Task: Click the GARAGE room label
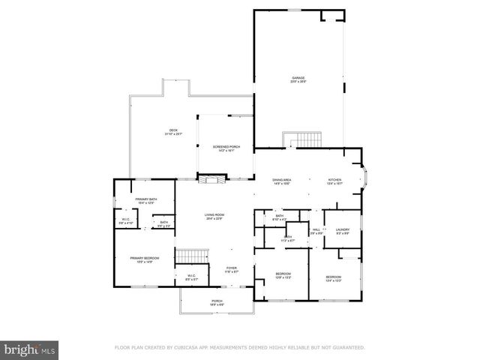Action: coord(298,77)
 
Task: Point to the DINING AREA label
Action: coord(282,180)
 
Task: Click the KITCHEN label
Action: coord(334,180)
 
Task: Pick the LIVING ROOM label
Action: coord(215,215)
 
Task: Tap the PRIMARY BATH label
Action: coord(145,199)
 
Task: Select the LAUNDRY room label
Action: coord(343,229)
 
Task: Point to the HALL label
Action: coord(316,229)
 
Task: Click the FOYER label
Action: coord(232,268)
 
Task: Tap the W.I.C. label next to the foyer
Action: coord(191,276)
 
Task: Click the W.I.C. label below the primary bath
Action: coord(126,220)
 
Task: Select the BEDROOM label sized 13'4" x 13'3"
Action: coord(334,277)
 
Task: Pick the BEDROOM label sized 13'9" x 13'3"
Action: coord(283,274)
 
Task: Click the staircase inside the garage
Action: coord(301,140)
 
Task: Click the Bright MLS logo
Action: coord(30,349)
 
